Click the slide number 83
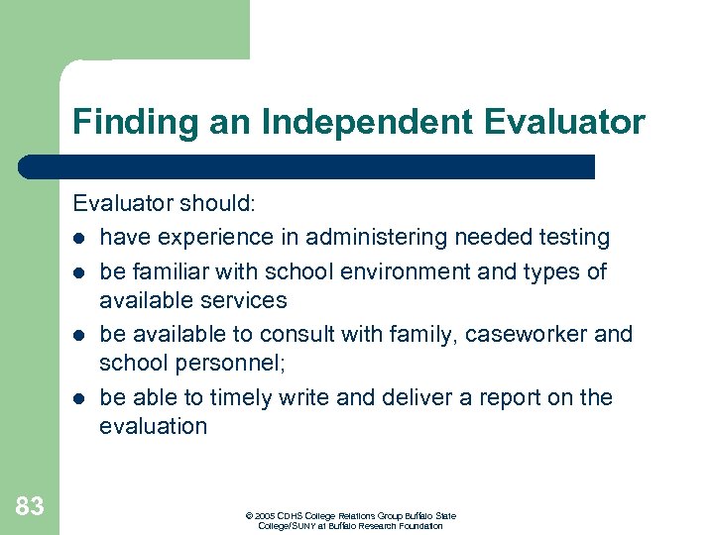point(30,506)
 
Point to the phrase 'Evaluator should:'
point(165,203)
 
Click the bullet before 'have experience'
point(79,239)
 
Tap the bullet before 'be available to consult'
point(79,335)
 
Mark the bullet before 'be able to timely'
point(79,398)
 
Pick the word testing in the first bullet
point(575,238)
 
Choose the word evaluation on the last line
point(154,427)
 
